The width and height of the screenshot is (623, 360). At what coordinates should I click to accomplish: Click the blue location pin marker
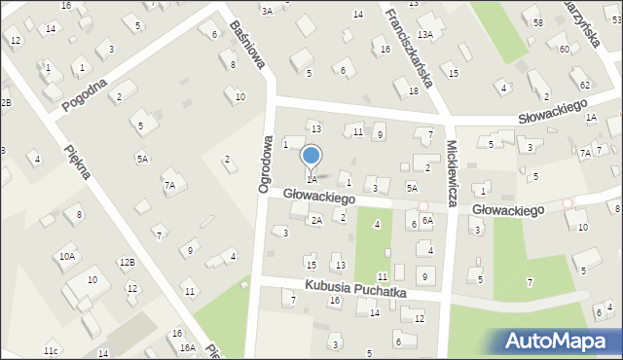[311, 156]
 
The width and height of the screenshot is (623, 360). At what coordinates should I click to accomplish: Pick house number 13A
[425, 34]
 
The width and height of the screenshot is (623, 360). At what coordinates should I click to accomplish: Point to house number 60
[564, 49]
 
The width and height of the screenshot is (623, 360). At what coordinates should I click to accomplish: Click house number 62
[584, 85]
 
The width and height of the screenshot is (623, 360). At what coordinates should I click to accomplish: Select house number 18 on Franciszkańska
[414, 90]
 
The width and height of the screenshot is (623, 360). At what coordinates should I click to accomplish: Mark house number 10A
[66, 257]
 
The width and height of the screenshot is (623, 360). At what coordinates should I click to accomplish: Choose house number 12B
[127, 262]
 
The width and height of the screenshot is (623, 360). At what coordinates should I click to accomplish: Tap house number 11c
[51, 350]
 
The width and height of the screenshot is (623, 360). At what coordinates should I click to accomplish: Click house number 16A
[186, 347]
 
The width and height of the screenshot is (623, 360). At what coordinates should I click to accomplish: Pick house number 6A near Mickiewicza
[426, 221]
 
